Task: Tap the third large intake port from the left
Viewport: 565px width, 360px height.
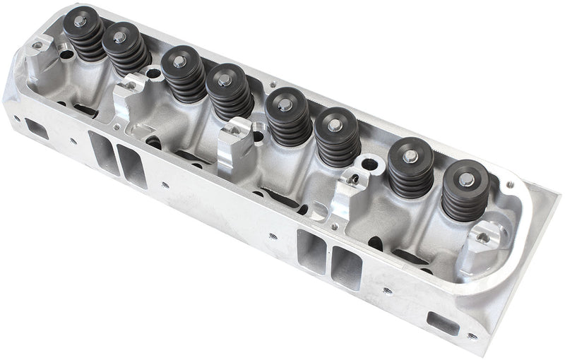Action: pyautogui.click(x=311, y=253)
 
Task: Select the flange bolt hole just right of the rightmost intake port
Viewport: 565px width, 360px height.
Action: pyautogui.click(x=386, y=289)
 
